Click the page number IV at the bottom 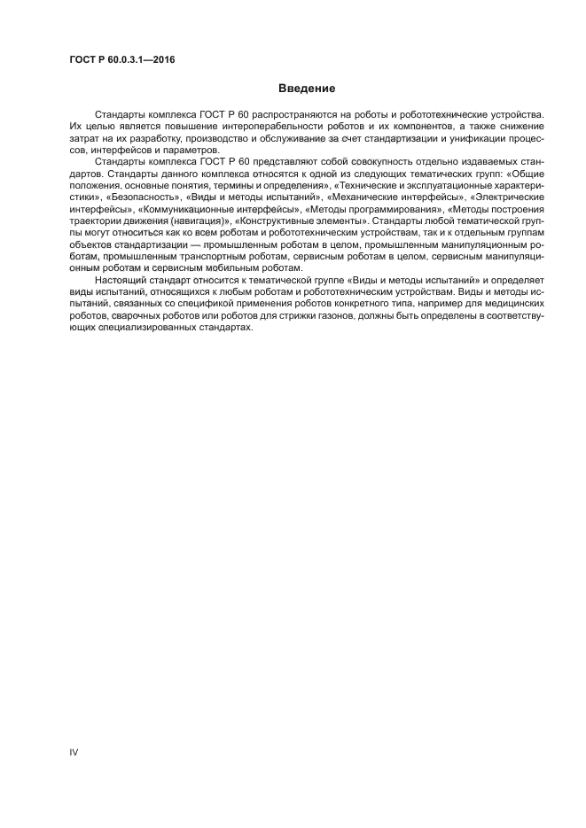74,752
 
